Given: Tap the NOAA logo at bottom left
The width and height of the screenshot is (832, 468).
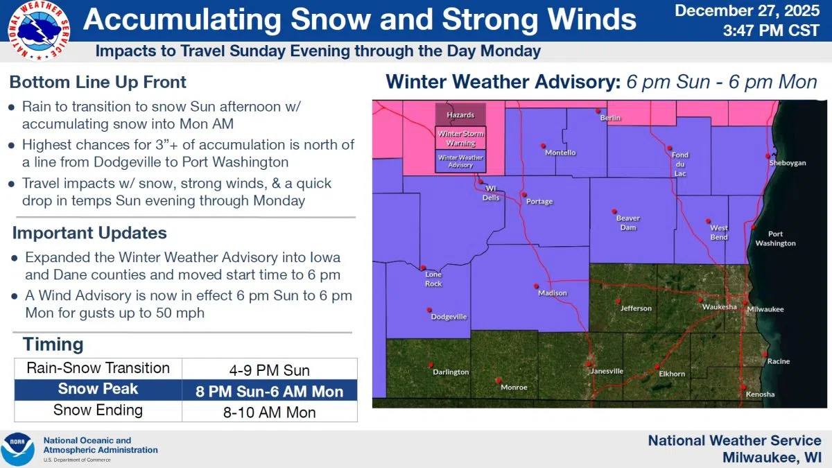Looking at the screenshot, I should [18, 450].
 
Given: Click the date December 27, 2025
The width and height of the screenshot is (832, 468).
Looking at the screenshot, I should [747, 11].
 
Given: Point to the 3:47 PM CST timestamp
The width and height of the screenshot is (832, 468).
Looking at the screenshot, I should [771, 31].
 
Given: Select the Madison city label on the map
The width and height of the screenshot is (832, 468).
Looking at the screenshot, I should [553, 293].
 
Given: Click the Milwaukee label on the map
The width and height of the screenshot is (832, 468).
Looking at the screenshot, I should [765, 309].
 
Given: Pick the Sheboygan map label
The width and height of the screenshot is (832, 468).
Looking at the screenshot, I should [788, 163].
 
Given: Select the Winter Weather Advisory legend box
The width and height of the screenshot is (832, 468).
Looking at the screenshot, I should [460, 162].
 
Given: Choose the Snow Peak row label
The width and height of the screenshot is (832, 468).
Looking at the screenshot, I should [98, 390].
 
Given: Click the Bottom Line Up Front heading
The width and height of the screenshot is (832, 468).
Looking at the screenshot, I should [98, 83].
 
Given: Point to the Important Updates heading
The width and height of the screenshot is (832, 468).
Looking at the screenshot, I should [89, 233].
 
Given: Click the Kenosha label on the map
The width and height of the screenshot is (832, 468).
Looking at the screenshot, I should [760, 395].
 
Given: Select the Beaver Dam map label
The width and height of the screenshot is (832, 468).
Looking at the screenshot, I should [628, 223].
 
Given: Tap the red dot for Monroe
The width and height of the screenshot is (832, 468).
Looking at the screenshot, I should [499, 379].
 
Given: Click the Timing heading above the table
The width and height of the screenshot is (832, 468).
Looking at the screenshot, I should [53, 345].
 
